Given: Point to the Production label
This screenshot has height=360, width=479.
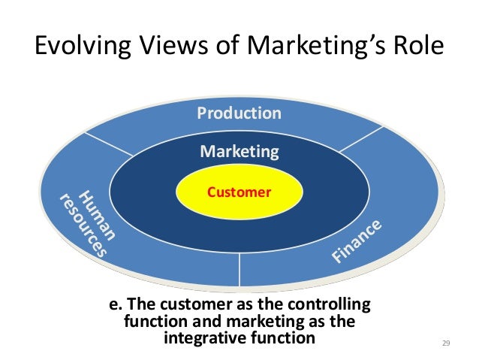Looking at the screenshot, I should coord(239,113).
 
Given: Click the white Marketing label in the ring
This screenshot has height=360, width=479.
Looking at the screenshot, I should coord(239,152).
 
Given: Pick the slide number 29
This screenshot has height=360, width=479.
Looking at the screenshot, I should coord(445,343).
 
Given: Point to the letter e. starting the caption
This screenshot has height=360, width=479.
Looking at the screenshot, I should coord(116,306).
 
